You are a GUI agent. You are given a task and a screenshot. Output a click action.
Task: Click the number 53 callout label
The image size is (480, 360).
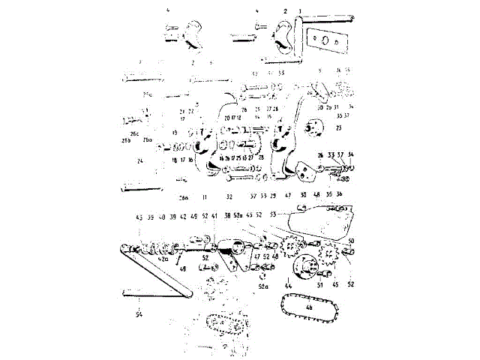(272, 214)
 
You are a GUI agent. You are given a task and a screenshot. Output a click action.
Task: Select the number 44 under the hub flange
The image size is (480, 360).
(289, 286)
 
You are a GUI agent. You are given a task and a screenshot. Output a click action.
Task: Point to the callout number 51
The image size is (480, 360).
(319, 286)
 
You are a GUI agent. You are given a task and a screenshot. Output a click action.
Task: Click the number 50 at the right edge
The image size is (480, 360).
(351, 240)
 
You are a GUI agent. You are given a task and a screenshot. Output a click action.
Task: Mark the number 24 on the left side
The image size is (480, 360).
(139, 160)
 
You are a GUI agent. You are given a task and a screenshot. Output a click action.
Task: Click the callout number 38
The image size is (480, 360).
(226, 216)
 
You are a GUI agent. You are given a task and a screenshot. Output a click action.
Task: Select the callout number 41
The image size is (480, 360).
(215, 216)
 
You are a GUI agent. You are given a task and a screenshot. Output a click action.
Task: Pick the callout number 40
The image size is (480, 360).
(162, 216)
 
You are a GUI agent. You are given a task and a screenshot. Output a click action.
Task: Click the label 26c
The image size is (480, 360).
(134, 133)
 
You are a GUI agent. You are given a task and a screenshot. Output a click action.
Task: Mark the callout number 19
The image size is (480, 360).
(174, 133)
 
